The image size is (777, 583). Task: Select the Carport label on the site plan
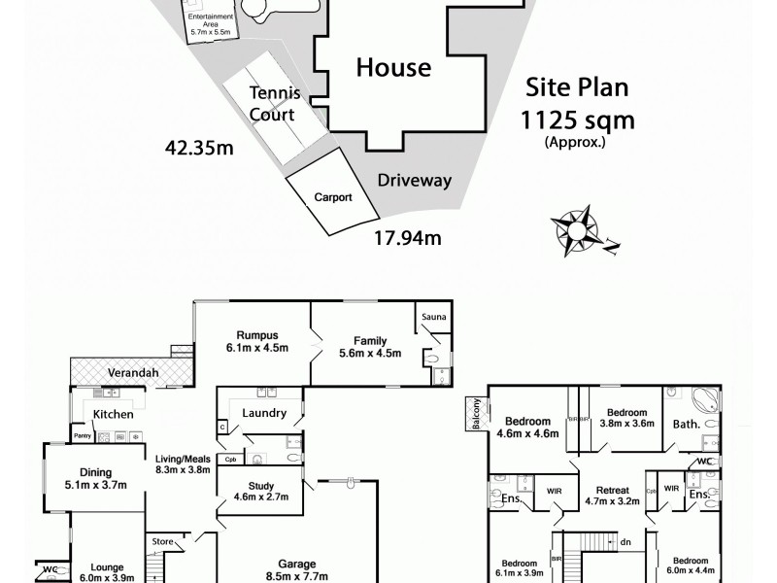331,196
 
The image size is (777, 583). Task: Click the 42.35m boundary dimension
199,150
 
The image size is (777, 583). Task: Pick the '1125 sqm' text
578,120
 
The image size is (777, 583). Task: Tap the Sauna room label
432,317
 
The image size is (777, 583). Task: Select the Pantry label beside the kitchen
82,436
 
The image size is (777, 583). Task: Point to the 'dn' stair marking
625,542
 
